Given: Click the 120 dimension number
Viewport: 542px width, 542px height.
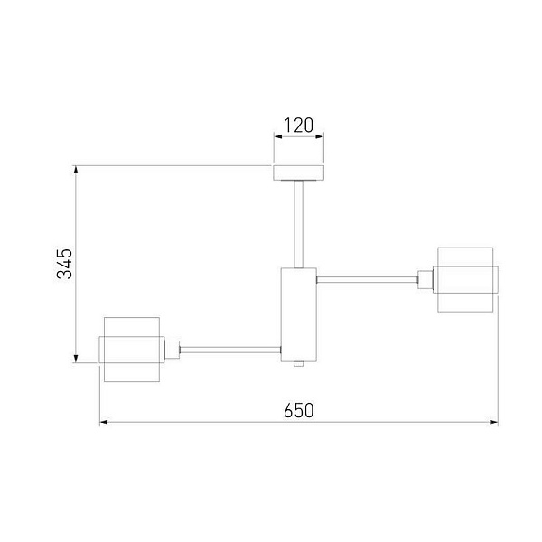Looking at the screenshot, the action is coord(299,126).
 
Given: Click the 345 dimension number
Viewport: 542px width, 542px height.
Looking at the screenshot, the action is coord(65,264).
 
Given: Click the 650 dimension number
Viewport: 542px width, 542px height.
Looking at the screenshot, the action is coord(299,410).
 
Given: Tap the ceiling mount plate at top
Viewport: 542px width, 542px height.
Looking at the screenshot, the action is coord(299,173).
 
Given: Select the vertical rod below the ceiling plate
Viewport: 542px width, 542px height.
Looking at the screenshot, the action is coord(299,224).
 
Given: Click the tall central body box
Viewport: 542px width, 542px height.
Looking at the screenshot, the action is coord(299,314).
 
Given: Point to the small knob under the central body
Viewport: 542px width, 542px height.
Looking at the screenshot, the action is coord(298,364).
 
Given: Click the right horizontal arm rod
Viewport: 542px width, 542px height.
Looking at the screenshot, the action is coord(367,280).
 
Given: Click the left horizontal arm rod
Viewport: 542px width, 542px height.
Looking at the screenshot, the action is coord(230,350).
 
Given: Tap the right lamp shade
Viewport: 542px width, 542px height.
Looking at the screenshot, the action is coord(465,280).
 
